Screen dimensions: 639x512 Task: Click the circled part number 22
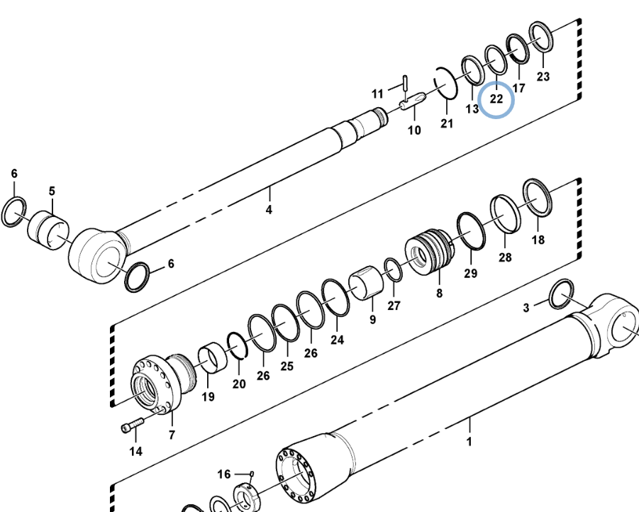(x=496, y=99)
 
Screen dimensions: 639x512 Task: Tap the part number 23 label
(x=543, y=77)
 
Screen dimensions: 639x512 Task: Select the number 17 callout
(x=518, y=88)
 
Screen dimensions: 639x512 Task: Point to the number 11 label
(x=377, y=94)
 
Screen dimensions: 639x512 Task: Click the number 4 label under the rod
(x=269, y=210)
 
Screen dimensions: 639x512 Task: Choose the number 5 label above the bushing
(x=52, y=191)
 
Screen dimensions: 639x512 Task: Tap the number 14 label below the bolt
(x=135, y=451)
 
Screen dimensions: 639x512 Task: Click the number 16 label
(x=223, y=474)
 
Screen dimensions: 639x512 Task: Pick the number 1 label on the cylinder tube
(x=469, y=442)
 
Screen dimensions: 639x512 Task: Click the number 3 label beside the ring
(x=526, y=307)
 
